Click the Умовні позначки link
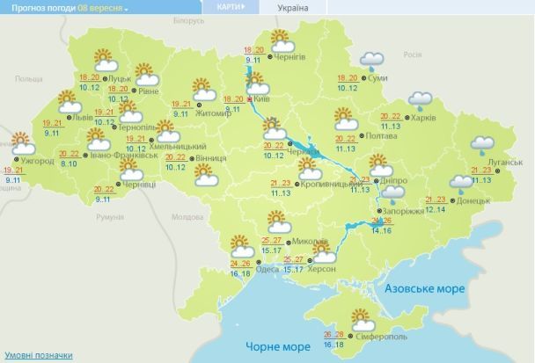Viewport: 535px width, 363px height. point(36,355)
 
